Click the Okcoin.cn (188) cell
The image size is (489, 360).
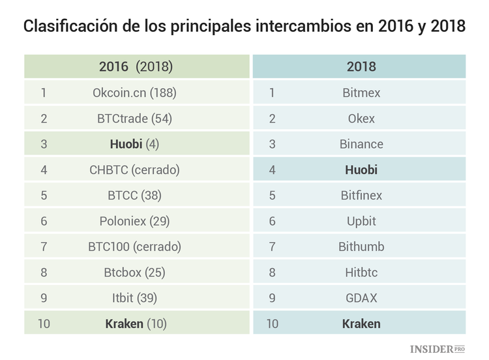coord(134,93)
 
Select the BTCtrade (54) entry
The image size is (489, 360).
coord(134,119)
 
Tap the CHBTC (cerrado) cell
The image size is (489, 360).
coord(134,170)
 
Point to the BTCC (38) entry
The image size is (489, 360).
coord(134,195)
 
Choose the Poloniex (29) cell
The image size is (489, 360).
coord(134,221)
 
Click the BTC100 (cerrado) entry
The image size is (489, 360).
coord(134,247)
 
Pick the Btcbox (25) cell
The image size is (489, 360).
coord(134,273)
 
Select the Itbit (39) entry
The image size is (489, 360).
coord(134,298)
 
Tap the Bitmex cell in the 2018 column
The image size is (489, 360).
coord(361,93)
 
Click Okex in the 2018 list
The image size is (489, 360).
coord(361,119)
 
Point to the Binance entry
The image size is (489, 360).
coord(361,144)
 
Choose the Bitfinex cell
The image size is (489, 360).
coord(361,195)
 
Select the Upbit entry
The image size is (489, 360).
coord(361,221)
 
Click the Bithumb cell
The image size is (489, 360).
coord(361,247)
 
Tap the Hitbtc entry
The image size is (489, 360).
coord(361,273)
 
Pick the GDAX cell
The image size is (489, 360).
coord(361,298)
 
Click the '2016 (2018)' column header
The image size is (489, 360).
coord(136,67)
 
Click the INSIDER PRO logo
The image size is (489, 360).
coord(437,349)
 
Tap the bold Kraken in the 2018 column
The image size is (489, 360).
coord(361,323)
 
